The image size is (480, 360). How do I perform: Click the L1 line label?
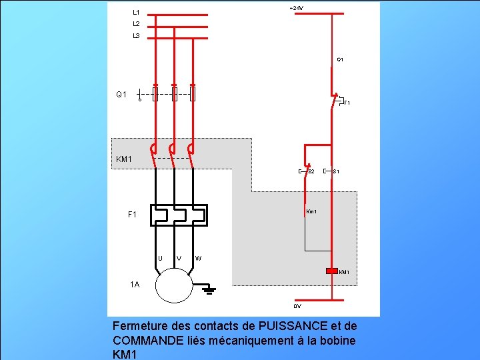[136, 12]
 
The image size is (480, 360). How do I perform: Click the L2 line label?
[136, 23]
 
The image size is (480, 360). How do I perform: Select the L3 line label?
[136, 35]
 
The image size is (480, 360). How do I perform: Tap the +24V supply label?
[296, 8]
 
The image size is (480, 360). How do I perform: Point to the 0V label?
[297, 306]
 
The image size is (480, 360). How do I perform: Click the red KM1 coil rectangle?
[332, 271]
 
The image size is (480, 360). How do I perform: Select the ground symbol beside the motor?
[209, 289]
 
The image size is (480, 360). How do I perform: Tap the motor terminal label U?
[161, 258]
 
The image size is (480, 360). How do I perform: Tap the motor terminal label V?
[179, 258]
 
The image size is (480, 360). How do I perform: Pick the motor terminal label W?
[199, 258]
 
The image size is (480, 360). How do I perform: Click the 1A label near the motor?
[135, 285]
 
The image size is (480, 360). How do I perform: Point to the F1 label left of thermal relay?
[132, 215]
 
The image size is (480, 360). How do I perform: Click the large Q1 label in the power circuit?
[121, 95]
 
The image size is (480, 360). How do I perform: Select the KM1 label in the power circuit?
[124, 159]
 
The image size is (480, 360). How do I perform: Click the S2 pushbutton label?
[311, 172]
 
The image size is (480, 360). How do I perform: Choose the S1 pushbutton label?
[337, 172]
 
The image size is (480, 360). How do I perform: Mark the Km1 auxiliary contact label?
[311, 212]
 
